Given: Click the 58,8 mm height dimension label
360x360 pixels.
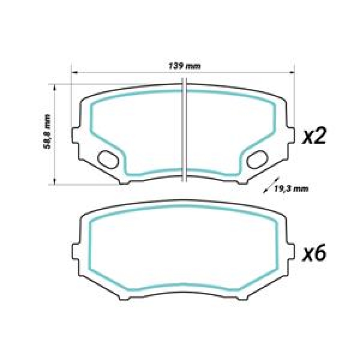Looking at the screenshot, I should tap(47, 134).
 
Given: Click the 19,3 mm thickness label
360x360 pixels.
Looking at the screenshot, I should tap(291, 189).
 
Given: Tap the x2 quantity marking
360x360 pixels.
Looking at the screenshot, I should tap(313, 137).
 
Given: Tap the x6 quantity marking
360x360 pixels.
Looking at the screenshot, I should tap(313, 254).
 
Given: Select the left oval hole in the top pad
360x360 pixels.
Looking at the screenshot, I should tap(109, 159).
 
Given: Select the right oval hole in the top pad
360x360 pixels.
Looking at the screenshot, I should tap(257, 159).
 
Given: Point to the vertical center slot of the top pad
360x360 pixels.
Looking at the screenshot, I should tap(185, 129).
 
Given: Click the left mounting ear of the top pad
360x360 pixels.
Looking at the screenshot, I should tap(76, 136).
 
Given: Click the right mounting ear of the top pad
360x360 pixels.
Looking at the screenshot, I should tap(292, 136).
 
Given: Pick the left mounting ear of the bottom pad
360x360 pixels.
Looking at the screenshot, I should tap(76, 252).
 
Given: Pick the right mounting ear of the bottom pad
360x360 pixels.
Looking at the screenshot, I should tap(292, 252).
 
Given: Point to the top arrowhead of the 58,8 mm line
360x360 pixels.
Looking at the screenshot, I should tap(55, 86).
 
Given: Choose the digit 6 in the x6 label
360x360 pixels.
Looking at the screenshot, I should tap(320, 254).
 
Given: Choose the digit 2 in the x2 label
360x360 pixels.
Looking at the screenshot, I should tap(320, 137).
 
